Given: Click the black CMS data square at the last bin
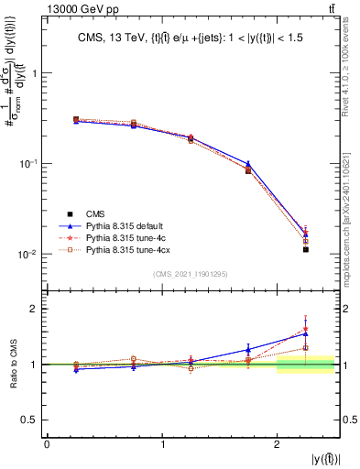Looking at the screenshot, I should (306, 249).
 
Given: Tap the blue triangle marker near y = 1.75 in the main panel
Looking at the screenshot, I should (248, 164).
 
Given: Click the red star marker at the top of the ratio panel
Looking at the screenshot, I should (306, 329).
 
